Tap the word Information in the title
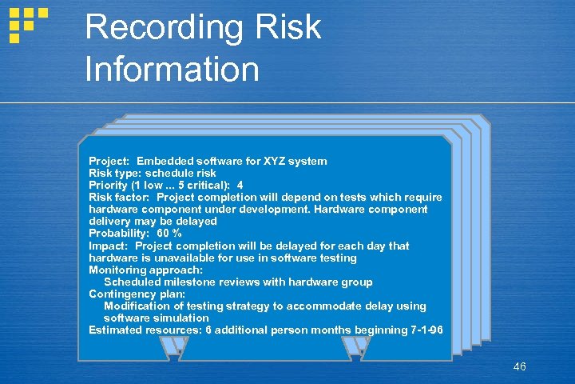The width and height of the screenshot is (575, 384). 172,69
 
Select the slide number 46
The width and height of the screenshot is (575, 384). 520,366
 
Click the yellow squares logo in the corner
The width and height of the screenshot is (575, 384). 27,24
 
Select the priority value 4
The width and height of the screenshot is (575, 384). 240,185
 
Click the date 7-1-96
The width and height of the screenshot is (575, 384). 422,330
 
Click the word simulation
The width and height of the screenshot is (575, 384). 179,318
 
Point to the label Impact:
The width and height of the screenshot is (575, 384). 109,246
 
